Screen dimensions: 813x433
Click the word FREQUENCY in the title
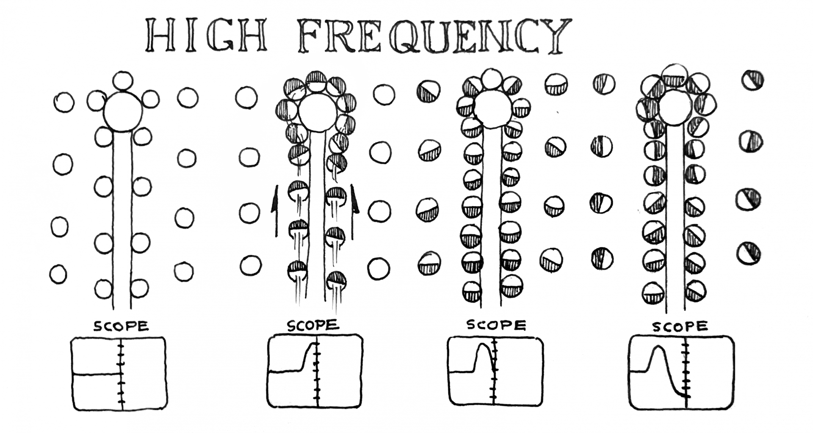[434, 36]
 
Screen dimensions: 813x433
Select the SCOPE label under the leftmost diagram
[121, 326]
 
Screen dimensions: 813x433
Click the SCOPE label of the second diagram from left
[313, 325]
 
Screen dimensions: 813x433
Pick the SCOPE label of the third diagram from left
[496, 325]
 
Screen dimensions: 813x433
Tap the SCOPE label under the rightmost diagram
[679, 326]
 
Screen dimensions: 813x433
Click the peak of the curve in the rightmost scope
[658, 347]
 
